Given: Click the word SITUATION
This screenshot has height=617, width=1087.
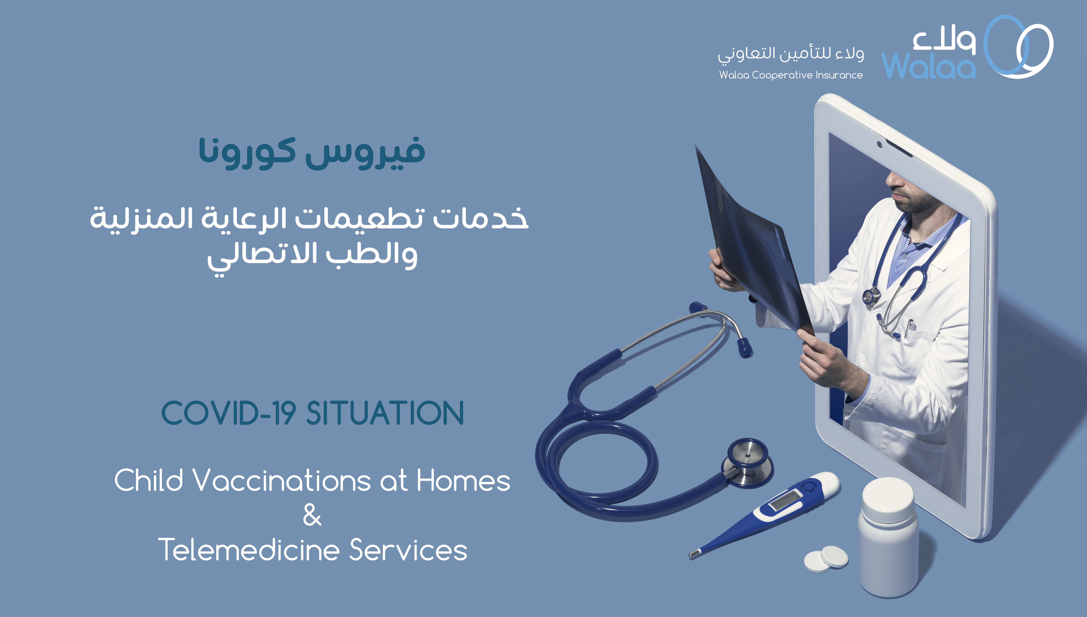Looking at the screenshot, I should click(x=385, y=413).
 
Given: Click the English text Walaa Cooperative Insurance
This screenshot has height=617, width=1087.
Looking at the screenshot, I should click(x=791, y=75).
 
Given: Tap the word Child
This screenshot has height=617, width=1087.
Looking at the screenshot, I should click(x=148, y=481).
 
